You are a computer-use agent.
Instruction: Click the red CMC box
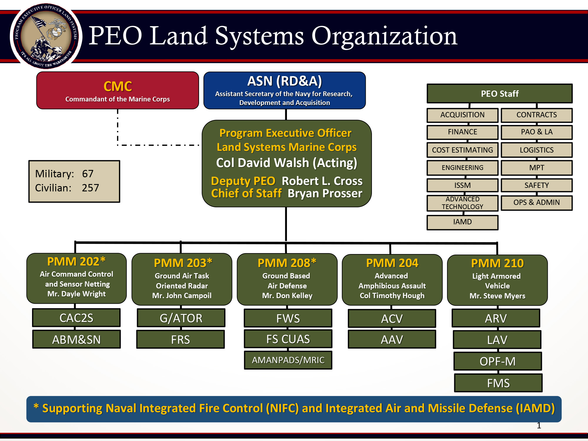click(118, 91)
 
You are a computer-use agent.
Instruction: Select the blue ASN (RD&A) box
click(284, 91)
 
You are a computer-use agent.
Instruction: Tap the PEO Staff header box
click(500, 94)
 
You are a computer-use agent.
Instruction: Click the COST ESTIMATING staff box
click(462, 150)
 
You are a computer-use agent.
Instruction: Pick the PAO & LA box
click(537, 132)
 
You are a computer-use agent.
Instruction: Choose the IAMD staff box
click(462, 222)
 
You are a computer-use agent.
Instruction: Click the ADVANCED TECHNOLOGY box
click(462, 203)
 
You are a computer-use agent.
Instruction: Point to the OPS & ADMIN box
click(537, 203)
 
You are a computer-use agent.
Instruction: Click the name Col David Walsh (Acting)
click(287, 163)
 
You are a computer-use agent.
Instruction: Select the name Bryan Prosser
click(325, 193)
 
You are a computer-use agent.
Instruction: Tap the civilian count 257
click(91, 188)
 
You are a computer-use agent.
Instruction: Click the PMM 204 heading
click(392, 263)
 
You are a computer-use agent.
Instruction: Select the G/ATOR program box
click(181, 318)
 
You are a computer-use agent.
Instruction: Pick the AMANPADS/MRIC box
click(288, 360)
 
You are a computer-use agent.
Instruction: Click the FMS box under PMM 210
click(498, 383)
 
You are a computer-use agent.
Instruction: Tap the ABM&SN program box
click(76, 340)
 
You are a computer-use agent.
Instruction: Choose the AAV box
click(392, 340)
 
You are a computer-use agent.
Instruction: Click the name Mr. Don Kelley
click(287, 296)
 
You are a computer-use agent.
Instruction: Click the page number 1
click(539, 425)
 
